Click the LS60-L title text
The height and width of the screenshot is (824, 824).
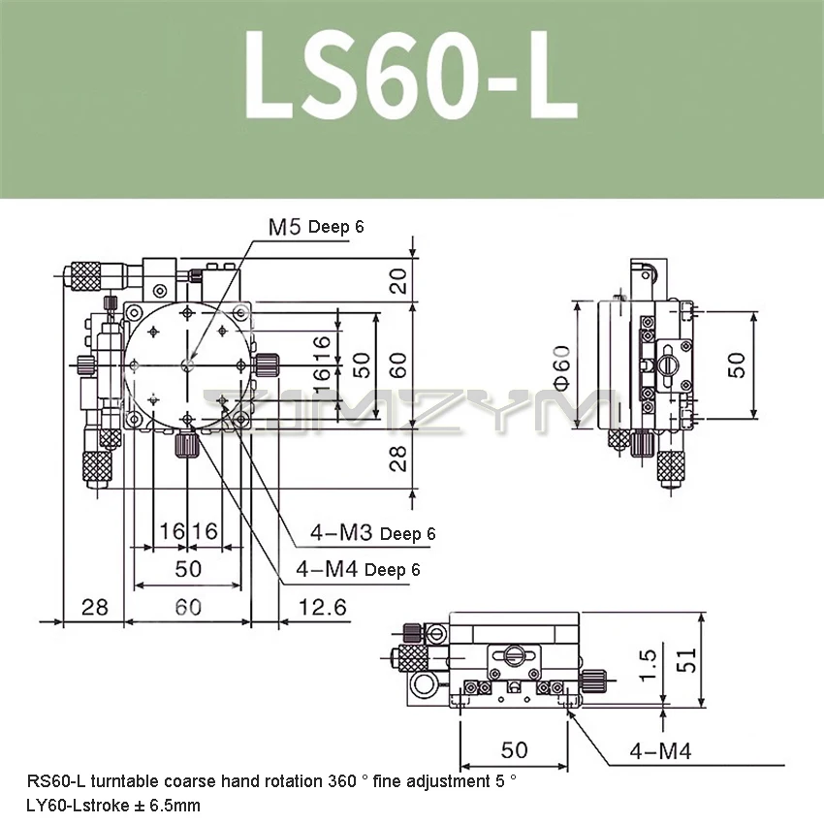(x=411, y=76)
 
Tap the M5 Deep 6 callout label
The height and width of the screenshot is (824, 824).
(x=316, y=227)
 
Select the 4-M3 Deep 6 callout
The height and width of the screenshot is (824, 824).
(x=372, y=533)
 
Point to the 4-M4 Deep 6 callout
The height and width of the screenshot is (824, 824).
(x=358, y=569)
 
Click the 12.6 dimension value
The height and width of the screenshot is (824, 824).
(x=323, y=608)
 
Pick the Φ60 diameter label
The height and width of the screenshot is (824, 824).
(x=561, y=367)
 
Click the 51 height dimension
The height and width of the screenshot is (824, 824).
(x=686, y=660)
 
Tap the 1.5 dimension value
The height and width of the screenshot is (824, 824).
(x=648, y=665)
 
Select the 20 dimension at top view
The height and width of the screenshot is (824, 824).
(x=398, y=280)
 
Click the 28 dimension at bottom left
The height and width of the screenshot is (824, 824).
(x=95, y=608)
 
